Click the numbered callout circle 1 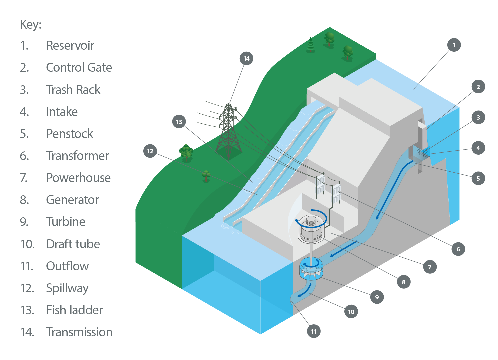tap(454, 45)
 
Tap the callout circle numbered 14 tap(246, 58)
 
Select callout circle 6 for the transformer tap(458, 249)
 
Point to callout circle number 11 tap(313, 331)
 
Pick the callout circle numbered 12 tap(150, 151)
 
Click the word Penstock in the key tap(69, 134)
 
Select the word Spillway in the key tap(67, 288)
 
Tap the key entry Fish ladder tap(74, 310)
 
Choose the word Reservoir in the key tap(70, 45)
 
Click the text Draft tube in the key tap(73, 244)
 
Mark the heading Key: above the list tap(31, 24)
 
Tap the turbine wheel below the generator tap(311, 269)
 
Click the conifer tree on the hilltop tap(311, 45)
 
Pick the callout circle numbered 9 tap(377, 297)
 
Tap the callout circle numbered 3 tap(478, 117)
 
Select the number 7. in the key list tap(24, 178)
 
